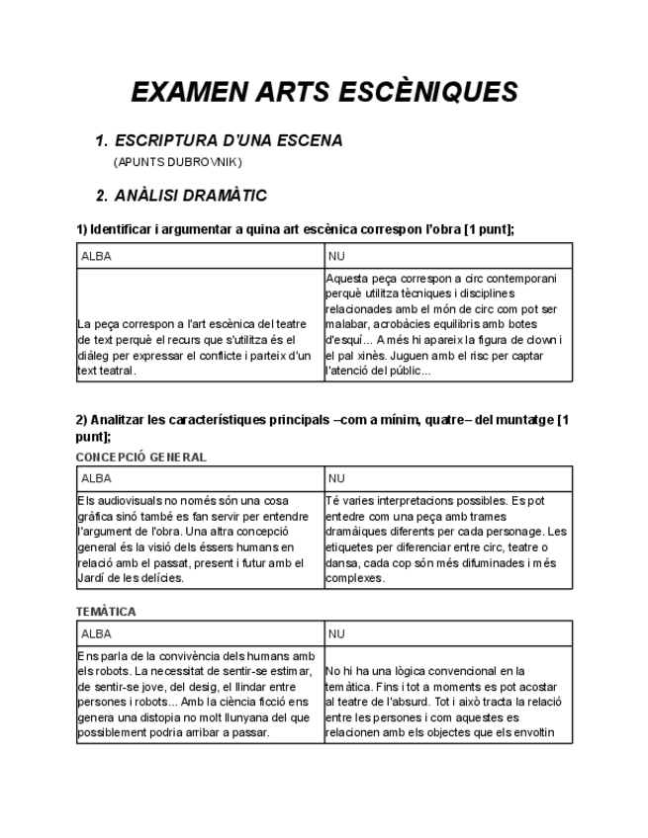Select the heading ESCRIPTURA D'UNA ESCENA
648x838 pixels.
[229, 140]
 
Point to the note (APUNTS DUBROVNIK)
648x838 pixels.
[177, 161]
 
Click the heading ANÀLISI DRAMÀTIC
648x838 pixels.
[191, 196]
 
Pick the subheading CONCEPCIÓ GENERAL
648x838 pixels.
[141, 457]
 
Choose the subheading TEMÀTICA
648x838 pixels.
[106, 612]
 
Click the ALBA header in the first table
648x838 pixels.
[96, 256]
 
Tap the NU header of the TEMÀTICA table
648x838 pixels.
[336, 633]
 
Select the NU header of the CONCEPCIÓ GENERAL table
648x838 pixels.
[336, 478]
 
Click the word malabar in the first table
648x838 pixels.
[346, 324]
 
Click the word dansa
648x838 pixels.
[342, 562]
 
